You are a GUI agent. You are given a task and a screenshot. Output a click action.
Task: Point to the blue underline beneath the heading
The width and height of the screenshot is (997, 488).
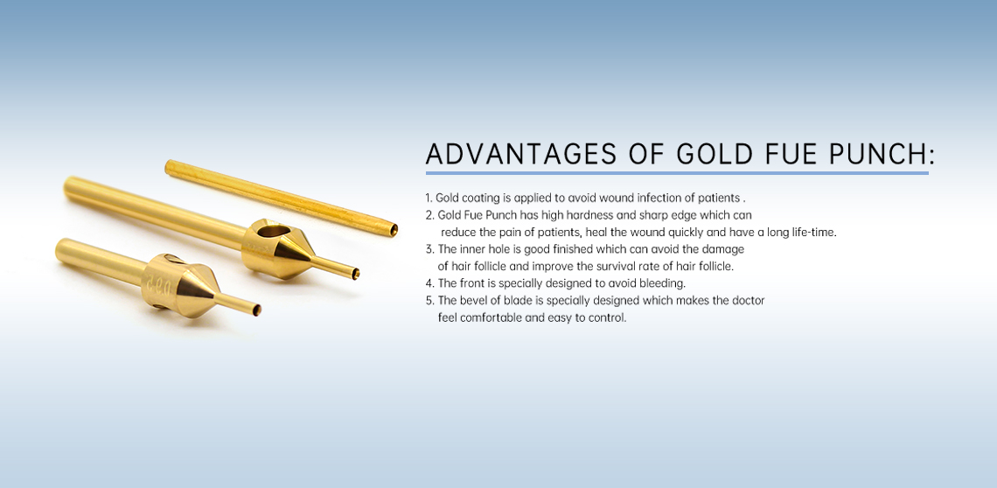(677, 172)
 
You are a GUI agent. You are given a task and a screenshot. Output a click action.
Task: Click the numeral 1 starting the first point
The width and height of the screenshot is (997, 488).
(428, 199)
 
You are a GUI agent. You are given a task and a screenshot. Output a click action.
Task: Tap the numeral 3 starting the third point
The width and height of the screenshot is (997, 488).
(429, 249)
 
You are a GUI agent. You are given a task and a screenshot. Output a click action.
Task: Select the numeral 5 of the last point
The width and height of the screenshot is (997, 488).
(429, 300)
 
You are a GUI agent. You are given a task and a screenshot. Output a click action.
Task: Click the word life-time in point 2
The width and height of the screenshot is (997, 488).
(814, 233)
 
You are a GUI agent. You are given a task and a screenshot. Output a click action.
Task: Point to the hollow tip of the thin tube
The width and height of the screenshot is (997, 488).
(394, 230)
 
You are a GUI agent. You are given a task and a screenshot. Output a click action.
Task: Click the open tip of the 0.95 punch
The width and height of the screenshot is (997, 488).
(256, 310)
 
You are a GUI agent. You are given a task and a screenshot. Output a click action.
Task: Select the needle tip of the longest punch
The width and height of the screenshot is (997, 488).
(355, 274)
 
